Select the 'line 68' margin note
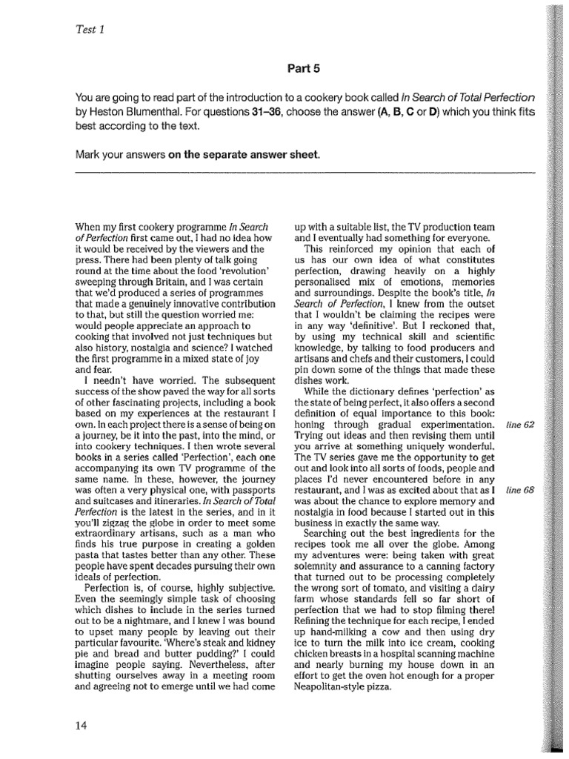519,491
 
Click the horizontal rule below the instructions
305,173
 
